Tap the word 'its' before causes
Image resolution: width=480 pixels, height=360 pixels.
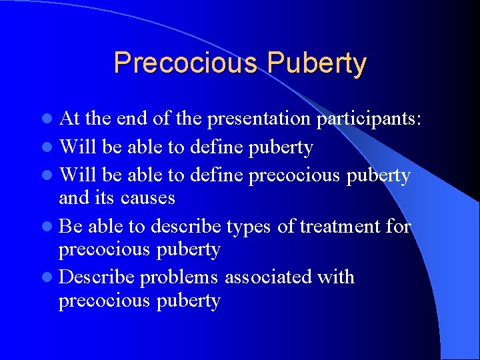[x=107, y=198]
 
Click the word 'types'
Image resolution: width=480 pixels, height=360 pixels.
[x=248, y=227]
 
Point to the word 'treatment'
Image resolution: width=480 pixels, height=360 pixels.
[x=340, y=227]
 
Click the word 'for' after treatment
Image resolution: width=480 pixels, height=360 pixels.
[x=399, y=227]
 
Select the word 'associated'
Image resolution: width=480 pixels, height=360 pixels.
[x=269, y=277]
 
